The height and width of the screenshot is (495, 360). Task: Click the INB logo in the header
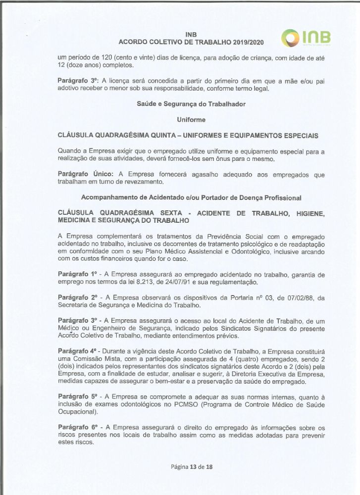pyautogui.click(x=306, y=38)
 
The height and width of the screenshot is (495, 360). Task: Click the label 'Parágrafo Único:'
pyautogui.click(x=86, y=174)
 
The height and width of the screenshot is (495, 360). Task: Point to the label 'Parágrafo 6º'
pyautogui.click(x=79, y=427)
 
